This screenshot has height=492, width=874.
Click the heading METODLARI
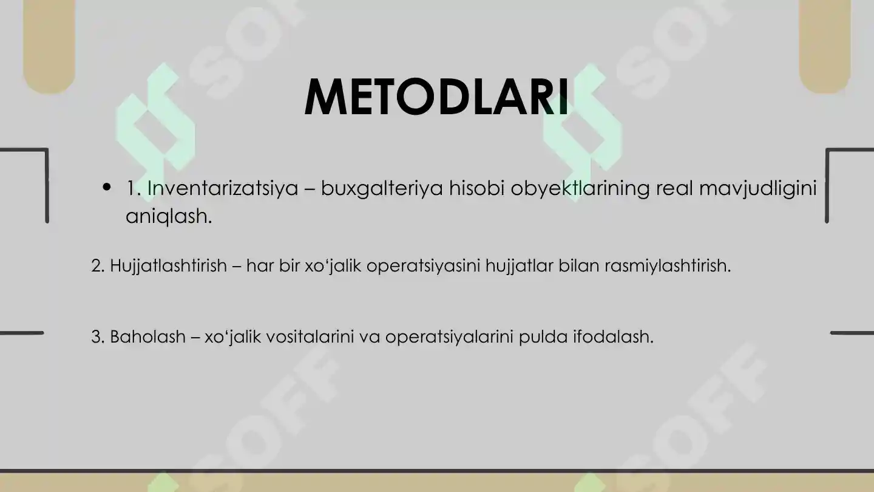pos(436,97)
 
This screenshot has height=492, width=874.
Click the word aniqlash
pos(168,216)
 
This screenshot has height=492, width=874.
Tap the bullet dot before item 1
pos(107,187)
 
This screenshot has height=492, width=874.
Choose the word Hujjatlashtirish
pos(168,266)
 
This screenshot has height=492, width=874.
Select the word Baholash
pos(147,337)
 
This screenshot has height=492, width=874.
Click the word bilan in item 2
pos(581,266)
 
